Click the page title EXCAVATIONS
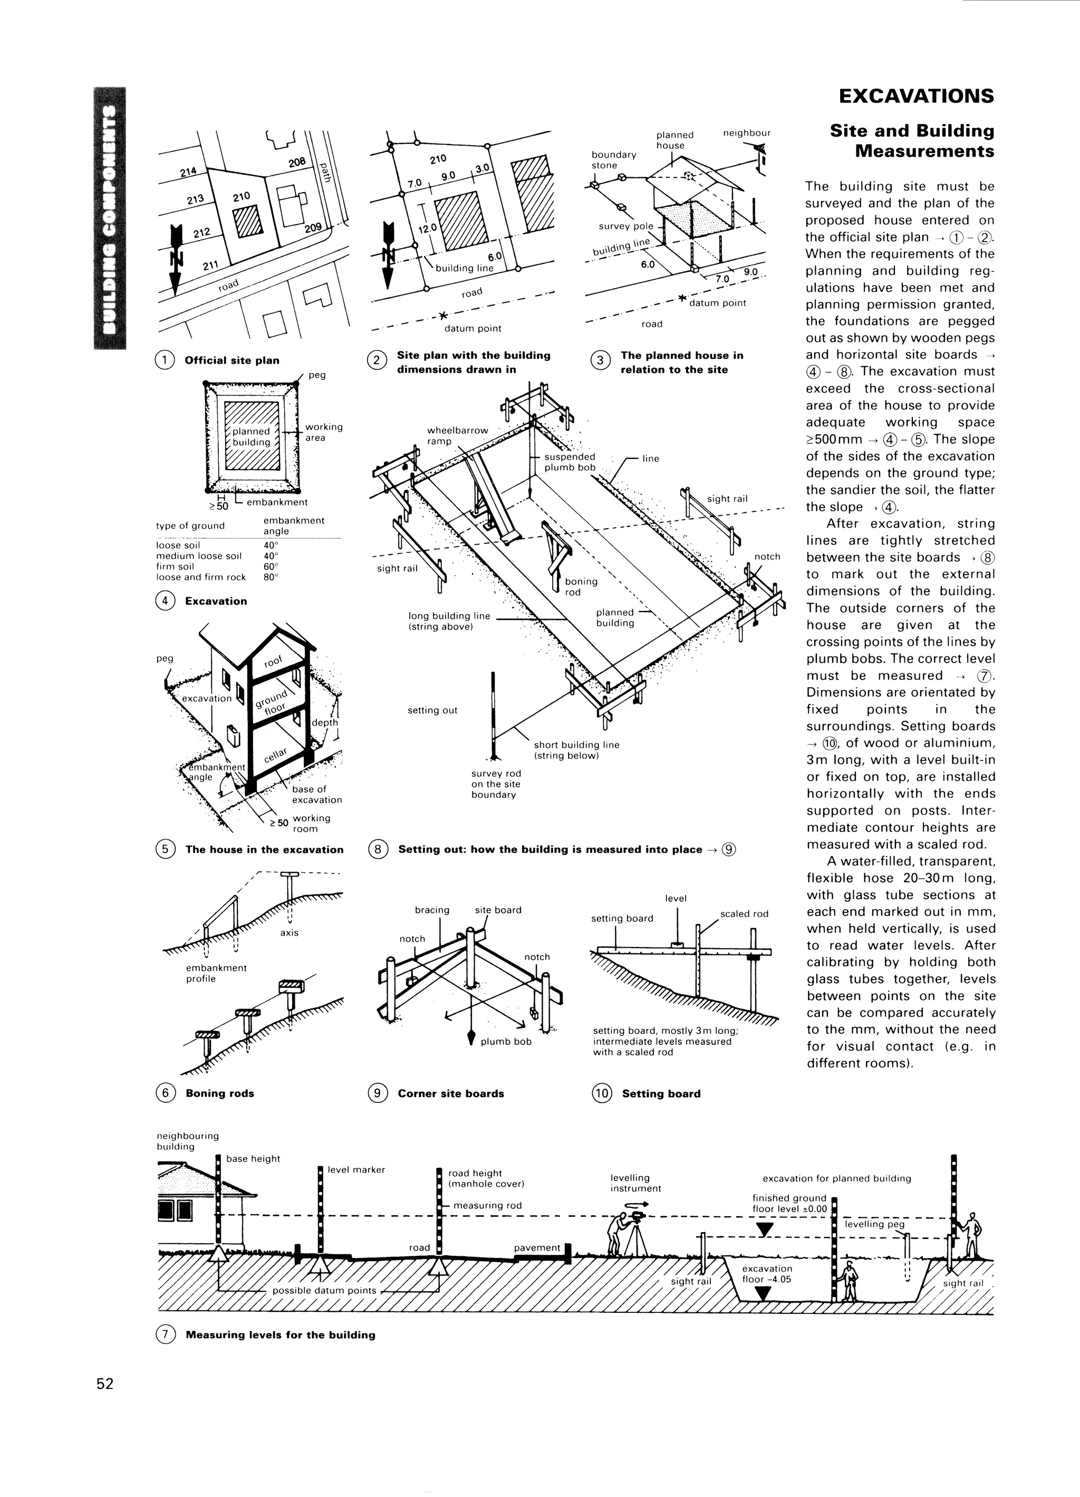point(915,97)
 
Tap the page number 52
point(105,1384)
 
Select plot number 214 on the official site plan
point(188,171)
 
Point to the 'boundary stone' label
point(613,160)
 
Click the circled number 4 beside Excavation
point(165,600)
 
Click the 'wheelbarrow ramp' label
point(457,436)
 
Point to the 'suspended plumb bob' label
point(570,462)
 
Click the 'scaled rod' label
point(744,913)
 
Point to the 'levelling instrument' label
point(635,1183)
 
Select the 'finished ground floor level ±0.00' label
point(789,1203)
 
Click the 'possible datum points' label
point(324,1290)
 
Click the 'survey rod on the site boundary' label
point(496,784)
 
